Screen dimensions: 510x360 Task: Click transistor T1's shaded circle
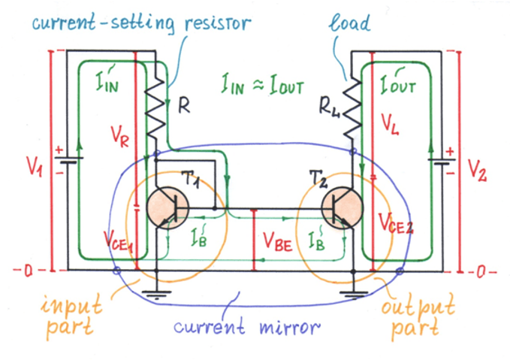[x=167, y=208]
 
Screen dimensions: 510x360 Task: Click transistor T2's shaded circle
[x=342, y=208]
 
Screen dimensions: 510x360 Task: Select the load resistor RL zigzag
[x=352, y=108]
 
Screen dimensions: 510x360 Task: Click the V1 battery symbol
[x=68, y=160]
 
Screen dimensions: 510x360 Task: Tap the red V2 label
[x=477, y=170]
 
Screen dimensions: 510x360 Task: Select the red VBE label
[x=277, y=242]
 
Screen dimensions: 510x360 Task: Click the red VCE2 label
[x=396, y=224]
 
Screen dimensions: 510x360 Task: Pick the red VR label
[x=119, y=136]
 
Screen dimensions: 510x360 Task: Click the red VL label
[x=390, y=125]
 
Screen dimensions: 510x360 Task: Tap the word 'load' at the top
[x=349, y=22]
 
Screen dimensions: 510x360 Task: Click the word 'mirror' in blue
[x=290, y=327]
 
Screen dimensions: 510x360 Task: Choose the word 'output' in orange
[x=418, y=307]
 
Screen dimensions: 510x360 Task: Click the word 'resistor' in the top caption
[x=218, y=23]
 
